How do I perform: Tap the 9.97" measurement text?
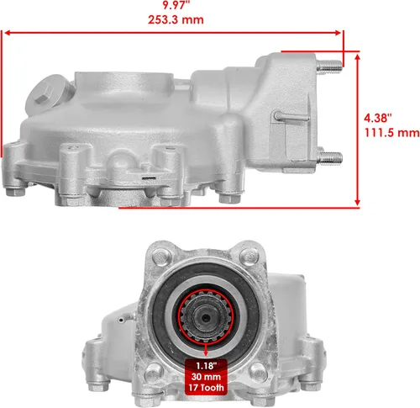click(175, 3)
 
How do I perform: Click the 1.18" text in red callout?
click(207, 366)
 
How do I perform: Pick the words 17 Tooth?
click(207, 390)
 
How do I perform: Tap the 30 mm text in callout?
click(207, 379)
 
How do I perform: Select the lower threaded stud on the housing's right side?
click(330, 157)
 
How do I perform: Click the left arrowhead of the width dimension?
click(7, 34)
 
